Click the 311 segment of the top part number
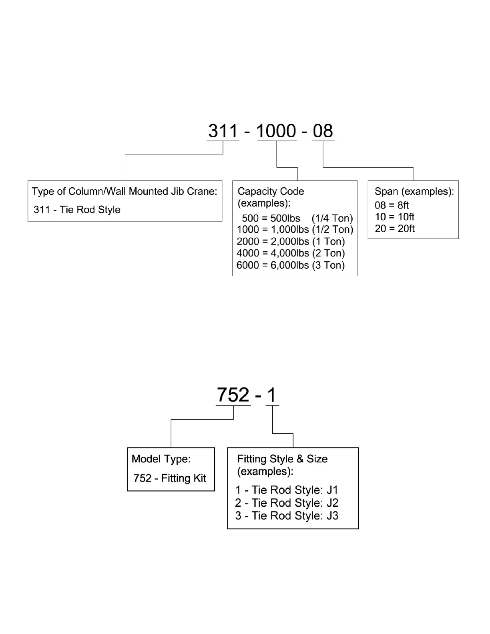[x=223, y=131]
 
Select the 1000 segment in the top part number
[x=277, y=131]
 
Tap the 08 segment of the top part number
[x=323, y=131]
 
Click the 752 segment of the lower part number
[x=233, y=395]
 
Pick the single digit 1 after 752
[x=272, y=395]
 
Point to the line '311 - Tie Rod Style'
[x=77, y=210]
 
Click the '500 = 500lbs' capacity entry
[x=271, y=218]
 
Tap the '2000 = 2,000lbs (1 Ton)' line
[x=291, y=241]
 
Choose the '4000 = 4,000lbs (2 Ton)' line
[x=291, y=253]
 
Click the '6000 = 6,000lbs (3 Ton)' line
[x=291, y=265]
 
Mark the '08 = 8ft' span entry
[x=392, y=205]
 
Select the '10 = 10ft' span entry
[x=394, y=217]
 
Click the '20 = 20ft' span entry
[x=394, y=229]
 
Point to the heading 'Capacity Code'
[x=271, y=191]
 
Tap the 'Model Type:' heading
[x=161, y=459]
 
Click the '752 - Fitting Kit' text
[x=170, y=478]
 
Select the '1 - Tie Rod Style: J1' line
[x=287, y=490]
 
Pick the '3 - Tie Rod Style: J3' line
[x=287, y=516]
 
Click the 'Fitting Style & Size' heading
[x=282, y=459]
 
